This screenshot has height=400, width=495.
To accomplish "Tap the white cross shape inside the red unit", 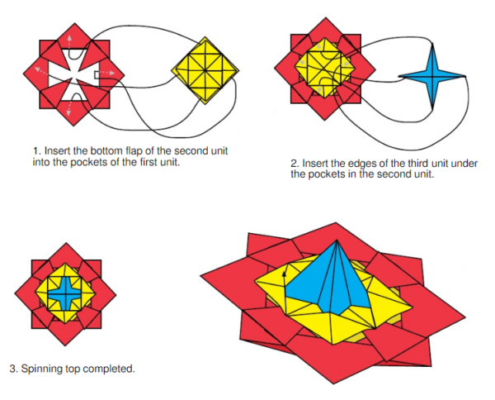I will pos(74,73).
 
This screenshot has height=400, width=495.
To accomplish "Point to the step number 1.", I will pos(36,150).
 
